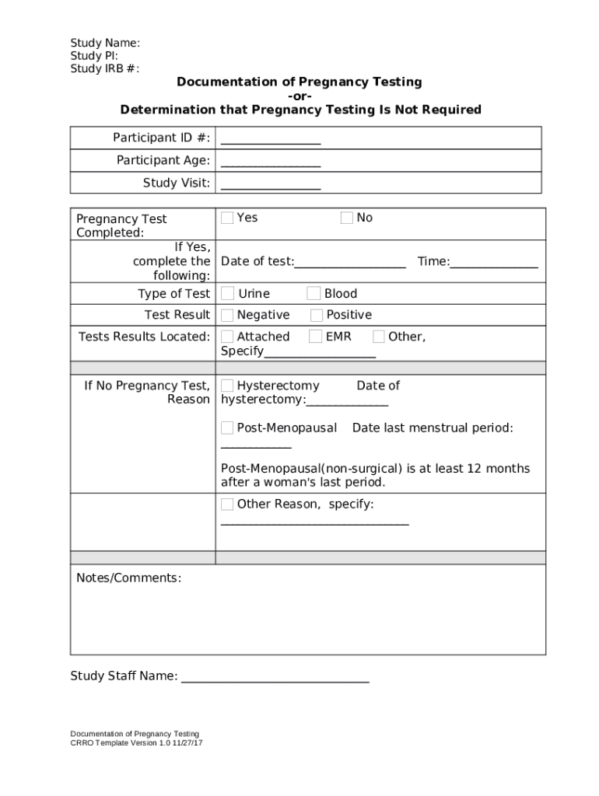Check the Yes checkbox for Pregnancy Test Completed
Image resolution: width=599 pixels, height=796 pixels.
(227, 218)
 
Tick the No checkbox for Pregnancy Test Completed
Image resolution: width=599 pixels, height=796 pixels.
(347, 218)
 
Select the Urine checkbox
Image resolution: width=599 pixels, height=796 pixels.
(227, 293)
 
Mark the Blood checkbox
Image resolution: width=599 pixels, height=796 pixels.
(314, 293)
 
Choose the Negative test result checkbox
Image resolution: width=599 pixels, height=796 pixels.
(227, 315)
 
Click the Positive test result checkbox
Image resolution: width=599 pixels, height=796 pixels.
(317, 315)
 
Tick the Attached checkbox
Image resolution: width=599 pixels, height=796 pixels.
(227, 337)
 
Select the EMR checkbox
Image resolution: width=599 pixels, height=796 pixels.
(316, 337)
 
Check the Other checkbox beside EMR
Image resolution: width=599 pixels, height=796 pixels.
(379, 337)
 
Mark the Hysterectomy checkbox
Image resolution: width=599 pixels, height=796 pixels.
(227, 386)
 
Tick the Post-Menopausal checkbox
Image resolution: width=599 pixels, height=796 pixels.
(227, 428)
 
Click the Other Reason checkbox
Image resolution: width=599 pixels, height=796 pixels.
(227, 504)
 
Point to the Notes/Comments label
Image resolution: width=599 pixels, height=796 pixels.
(128, 578)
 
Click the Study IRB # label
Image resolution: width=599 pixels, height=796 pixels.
(105, 68)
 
